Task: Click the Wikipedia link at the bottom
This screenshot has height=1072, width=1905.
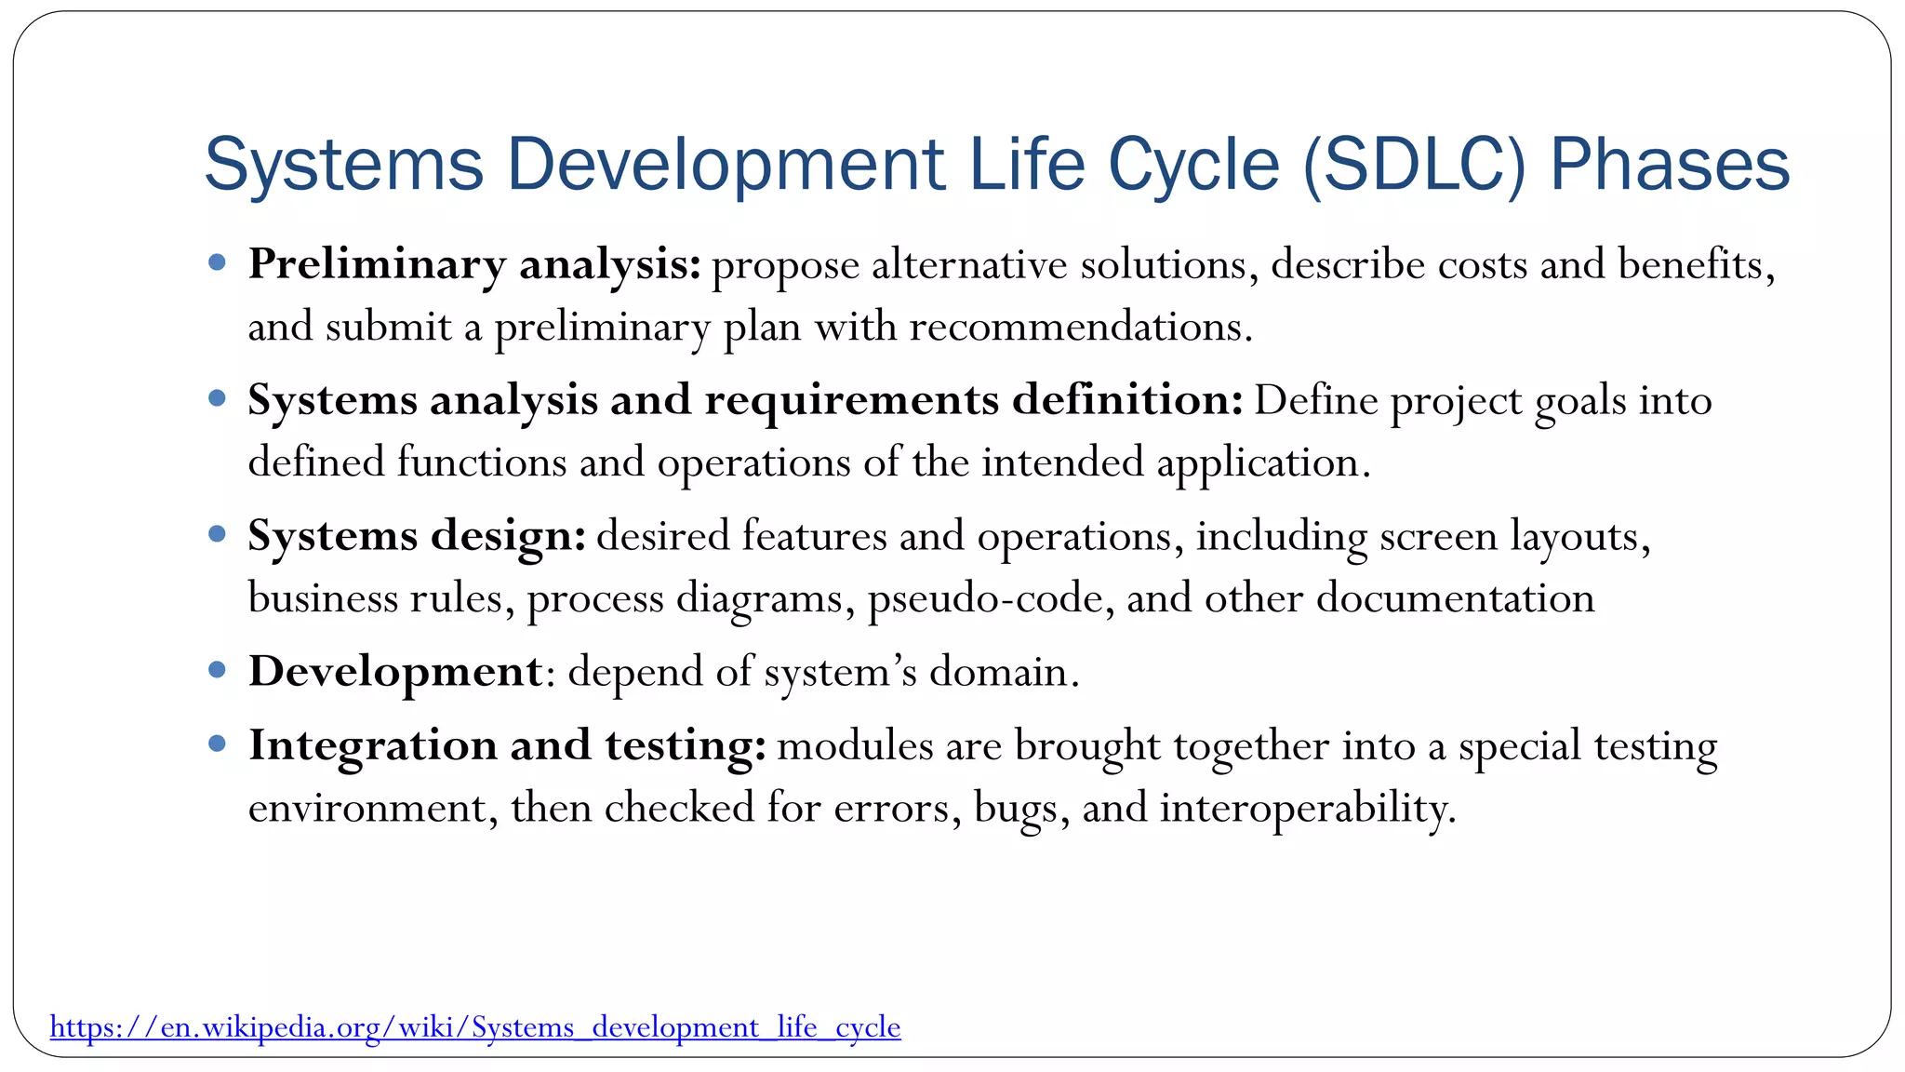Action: [474, 1027]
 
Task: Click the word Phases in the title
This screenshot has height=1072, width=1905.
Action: [1669, 165]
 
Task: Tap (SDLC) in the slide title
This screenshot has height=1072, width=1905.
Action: [1414, 165]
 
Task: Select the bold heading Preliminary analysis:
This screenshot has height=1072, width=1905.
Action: [474, 265]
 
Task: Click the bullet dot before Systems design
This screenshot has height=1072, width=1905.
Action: [218, 534]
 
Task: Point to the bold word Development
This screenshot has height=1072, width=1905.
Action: [395, 671]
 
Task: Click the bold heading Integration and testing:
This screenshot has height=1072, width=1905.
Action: [507, 745]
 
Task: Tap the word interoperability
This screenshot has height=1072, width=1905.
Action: [1306, 808]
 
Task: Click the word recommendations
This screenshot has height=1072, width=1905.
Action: [1079, 327]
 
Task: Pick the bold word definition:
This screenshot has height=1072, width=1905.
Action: [1127, 400]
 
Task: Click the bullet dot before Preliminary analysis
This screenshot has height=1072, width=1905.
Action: [218, 263]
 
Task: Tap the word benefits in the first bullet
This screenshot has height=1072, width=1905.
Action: [1695, 265]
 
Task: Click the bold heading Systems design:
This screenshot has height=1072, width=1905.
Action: [417, 536]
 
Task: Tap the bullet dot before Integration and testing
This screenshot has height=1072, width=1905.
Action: [218, 744]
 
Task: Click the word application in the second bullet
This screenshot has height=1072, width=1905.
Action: [1261, 463]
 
